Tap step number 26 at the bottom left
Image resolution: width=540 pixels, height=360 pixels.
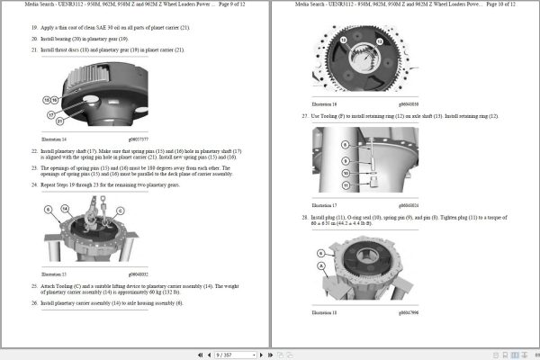click(x=34, y=302)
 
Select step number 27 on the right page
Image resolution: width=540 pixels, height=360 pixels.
click(x=304, y=116)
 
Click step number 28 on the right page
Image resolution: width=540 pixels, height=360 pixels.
click(x=304, y=218)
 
